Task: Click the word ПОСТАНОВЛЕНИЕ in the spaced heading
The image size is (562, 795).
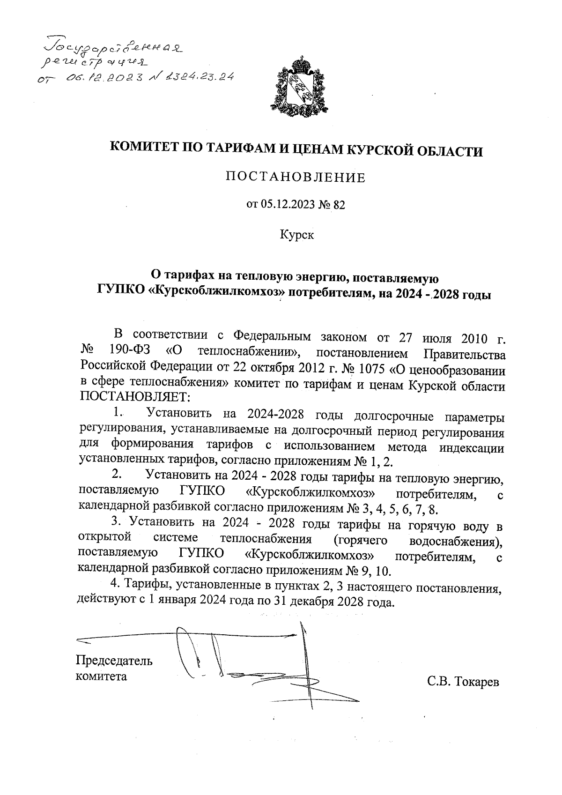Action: click(296, 178)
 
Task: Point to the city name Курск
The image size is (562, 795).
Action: click(297, 235)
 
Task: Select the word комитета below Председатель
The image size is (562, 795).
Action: click(102, 676)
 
